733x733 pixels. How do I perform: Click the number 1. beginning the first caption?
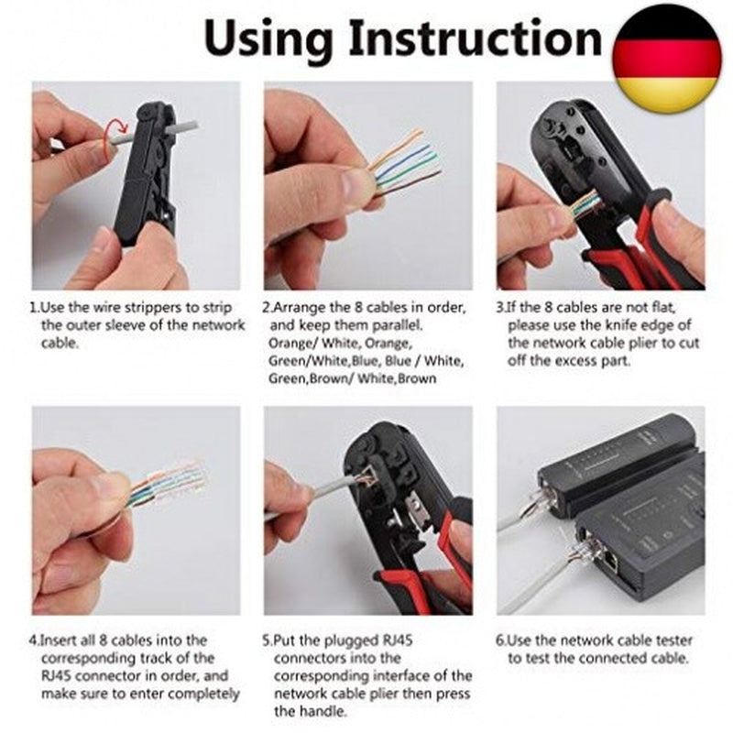(x=36, y=306)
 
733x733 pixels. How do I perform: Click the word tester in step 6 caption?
(x=669, y=640)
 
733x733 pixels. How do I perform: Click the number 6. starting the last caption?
(x=502, y=640)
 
